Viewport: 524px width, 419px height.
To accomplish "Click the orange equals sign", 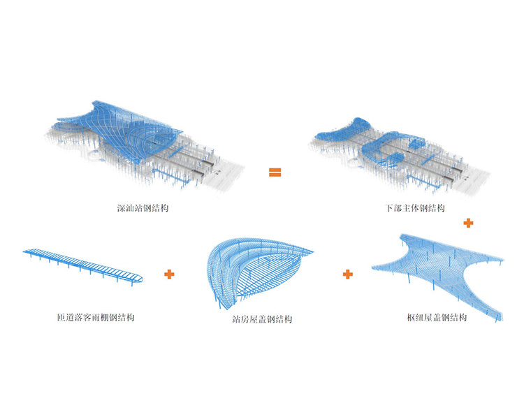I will click(275, 172).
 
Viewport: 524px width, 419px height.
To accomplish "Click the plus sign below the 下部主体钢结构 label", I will click(468, 223).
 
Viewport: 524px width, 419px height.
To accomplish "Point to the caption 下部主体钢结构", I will click(416, 209).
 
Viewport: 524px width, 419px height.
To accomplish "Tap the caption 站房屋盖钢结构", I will click(263, 319).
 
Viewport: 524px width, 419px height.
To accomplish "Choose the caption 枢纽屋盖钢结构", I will click(437, 318).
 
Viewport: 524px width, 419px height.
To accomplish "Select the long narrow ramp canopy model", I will click(84, 264).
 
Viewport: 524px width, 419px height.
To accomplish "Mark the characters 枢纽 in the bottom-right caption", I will click(415, 318).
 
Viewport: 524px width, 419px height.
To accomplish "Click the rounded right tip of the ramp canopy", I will click(143, 279).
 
